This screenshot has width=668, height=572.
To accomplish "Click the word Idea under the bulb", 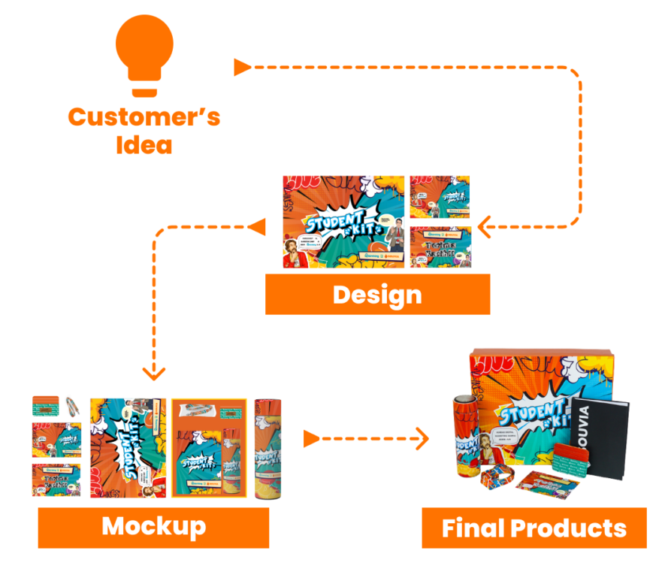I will (144, 144).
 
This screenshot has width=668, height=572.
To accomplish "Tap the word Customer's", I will (144, 117).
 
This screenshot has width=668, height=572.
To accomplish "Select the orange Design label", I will (377, 294).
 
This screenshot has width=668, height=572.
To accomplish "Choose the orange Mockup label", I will (153, 527).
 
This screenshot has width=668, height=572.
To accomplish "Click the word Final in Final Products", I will (473, 528).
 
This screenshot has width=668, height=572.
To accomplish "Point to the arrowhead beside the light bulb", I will (242, 68).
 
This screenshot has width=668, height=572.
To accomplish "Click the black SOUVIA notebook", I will (600, 440).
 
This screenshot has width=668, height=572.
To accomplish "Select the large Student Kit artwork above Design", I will (343, 222).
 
